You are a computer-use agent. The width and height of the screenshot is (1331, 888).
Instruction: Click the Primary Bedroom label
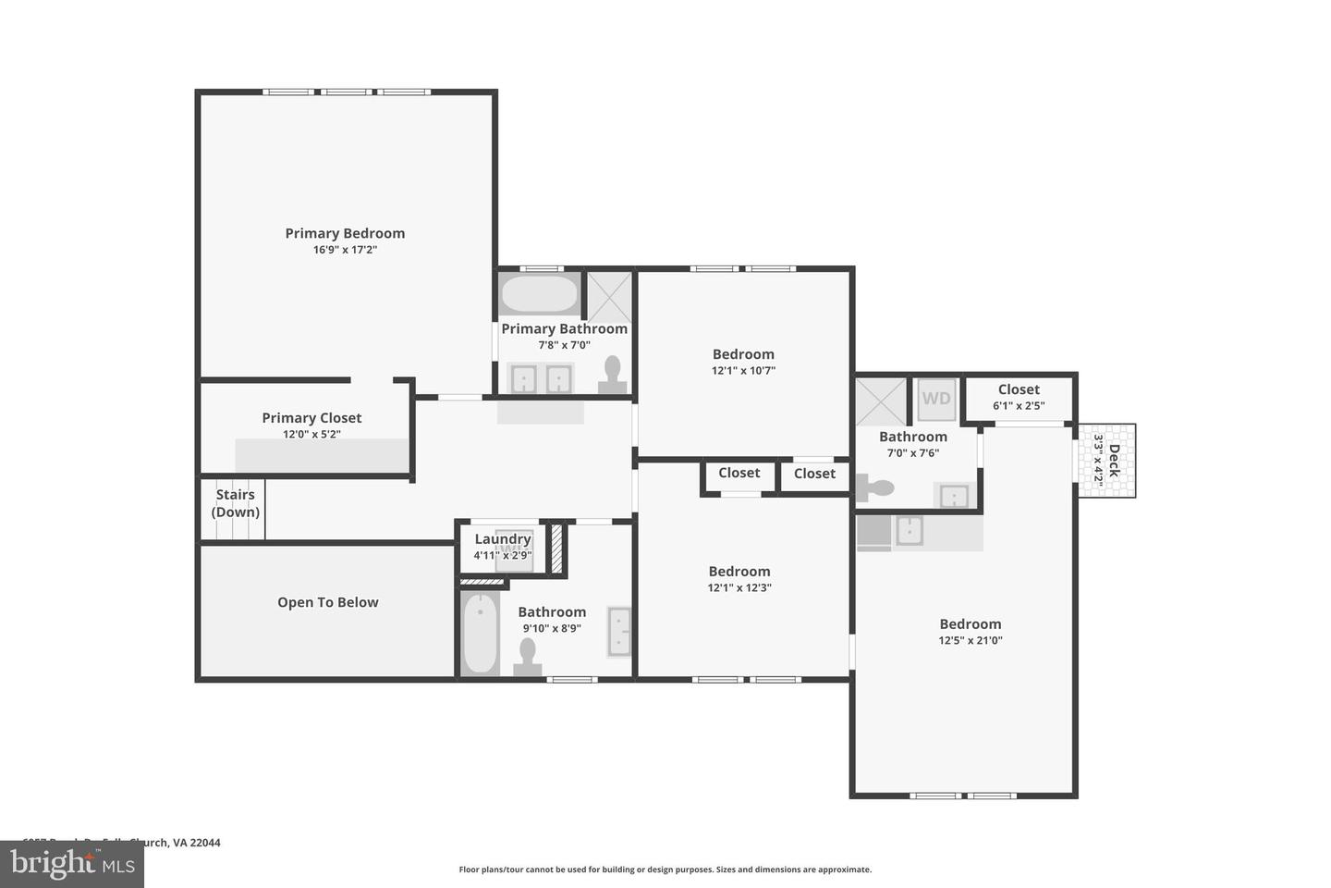point(345,233)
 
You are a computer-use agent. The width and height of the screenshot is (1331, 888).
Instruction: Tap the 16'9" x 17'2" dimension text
point(345,250)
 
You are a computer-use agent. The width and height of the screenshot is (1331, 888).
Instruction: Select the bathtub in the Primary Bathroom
point(539,294)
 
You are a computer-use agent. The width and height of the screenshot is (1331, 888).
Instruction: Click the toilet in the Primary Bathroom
point(612,376)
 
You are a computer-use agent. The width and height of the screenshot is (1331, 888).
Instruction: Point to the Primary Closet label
point(311,418)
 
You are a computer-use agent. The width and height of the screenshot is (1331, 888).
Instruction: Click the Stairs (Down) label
point(235,503)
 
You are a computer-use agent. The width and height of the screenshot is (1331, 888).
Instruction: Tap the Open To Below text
point(328,602)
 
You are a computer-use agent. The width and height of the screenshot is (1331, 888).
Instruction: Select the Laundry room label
point(502,539)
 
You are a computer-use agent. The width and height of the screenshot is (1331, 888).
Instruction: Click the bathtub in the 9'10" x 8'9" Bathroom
point(480,634)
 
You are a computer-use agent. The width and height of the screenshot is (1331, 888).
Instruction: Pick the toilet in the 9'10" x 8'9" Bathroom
point(528,658)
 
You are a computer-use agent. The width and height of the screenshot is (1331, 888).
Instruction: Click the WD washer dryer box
point(936,399)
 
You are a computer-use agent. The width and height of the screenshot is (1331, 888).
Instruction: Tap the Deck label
point(1114,461)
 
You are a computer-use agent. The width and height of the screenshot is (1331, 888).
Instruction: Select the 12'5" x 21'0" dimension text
point(971,640)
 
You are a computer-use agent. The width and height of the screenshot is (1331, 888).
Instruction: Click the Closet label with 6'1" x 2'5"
point(1019,389)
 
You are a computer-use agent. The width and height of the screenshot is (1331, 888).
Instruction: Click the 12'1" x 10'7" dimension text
point(743,371)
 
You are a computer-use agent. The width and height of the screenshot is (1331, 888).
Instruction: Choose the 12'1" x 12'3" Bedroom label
point(739,572)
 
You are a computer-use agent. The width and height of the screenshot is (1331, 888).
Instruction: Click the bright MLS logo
point(72,865)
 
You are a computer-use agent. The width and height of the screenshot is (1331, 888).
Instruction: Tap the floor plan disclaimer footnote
point(665,869)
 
